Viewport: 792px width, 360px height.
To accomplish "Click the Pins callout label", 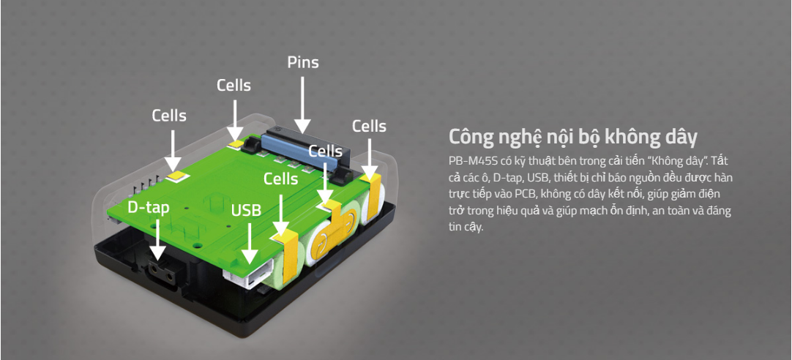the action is coord(302,62).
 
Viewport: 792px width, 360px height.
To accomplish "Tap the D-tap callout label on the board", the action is coord(149,207).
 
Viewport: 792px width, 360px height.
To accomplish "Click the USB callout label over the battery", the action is coord(247,211).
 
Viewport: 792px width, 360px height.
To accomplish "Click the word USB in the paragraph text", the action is coord(538,176).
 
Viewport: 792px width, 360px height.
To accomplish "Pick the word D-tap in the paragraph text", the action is coord(507,176).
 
